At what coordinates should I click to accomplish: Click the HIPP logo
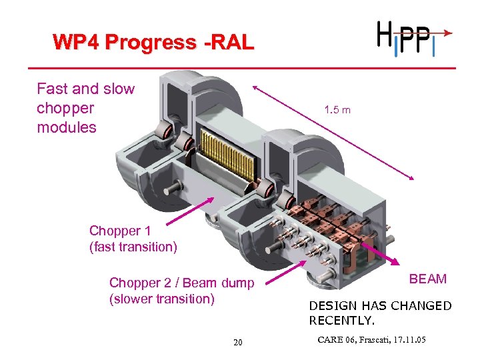point(413,37)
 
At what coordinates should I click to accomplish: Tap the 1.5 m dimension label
point(337,109)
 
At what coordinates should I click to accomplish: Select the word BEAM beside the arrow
point(427,279)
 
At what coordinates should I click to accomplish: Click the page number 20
point(238,343)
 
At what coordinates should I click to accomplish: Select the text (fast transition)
point(133,247)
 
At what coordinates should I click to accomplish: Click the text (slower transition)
point(162,299)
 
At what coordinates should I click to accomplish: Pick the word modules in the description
point(67,127)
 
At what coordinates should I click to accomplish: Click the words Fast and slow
point(86,89)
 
